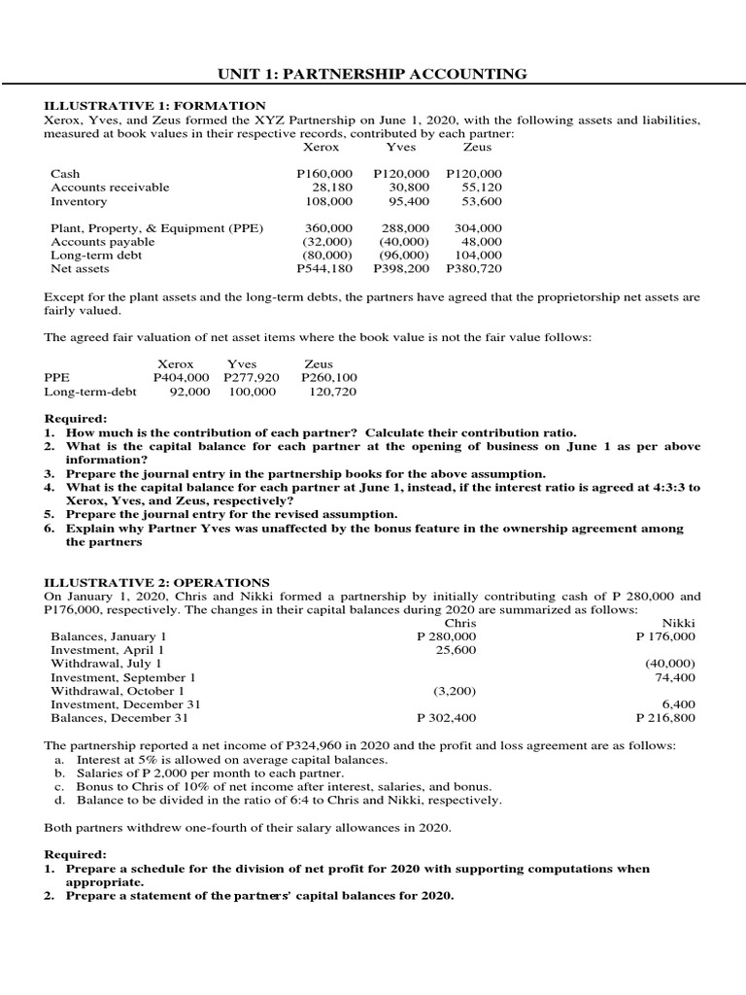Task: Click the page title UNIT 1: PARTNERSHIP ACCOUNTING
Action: click(372, 74)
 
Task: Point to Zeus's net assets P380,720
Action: click(473, 268)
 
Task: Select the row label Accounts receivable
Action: click(110, 188)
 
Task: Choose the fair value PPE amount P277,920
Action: click(251, 377)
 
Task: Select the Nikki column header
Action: click(678, 623)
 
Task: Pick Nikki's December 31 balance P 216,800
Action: click(665, 718)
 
